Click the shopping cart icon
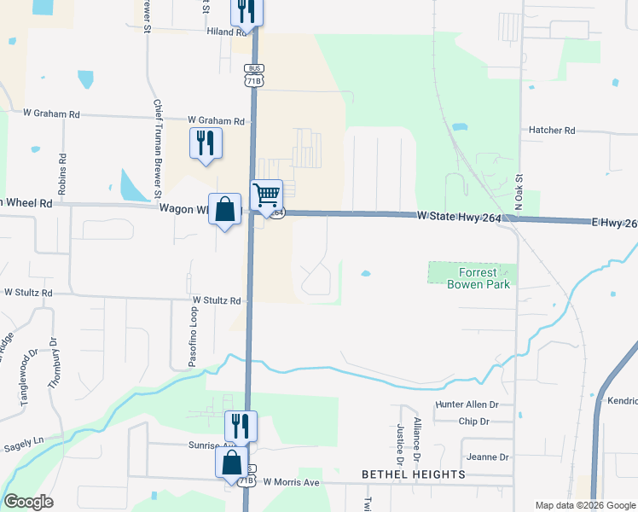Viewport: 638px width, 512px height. coord(266,195)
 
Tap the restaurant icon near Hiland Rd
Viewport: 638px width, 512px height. coord(246,10)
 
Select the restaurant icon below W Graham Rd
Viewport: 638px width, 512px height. coord(206,143)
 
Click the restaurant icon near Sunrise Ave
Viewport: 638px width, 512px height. coord(241,425)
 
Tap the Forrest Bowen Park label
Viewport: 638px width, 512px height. coord(478,278)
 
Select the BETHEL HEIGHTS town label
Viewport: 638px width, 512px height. coord(414,474)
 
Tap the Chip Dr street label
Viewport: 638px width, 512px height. coord(473,422)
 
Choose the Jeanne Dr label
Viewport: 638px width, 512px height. coord(489,457)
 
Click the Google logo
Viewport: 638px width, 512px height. coord(29,503)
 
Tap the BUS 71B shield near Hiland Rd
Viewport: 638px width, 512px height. coord(252,74)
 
